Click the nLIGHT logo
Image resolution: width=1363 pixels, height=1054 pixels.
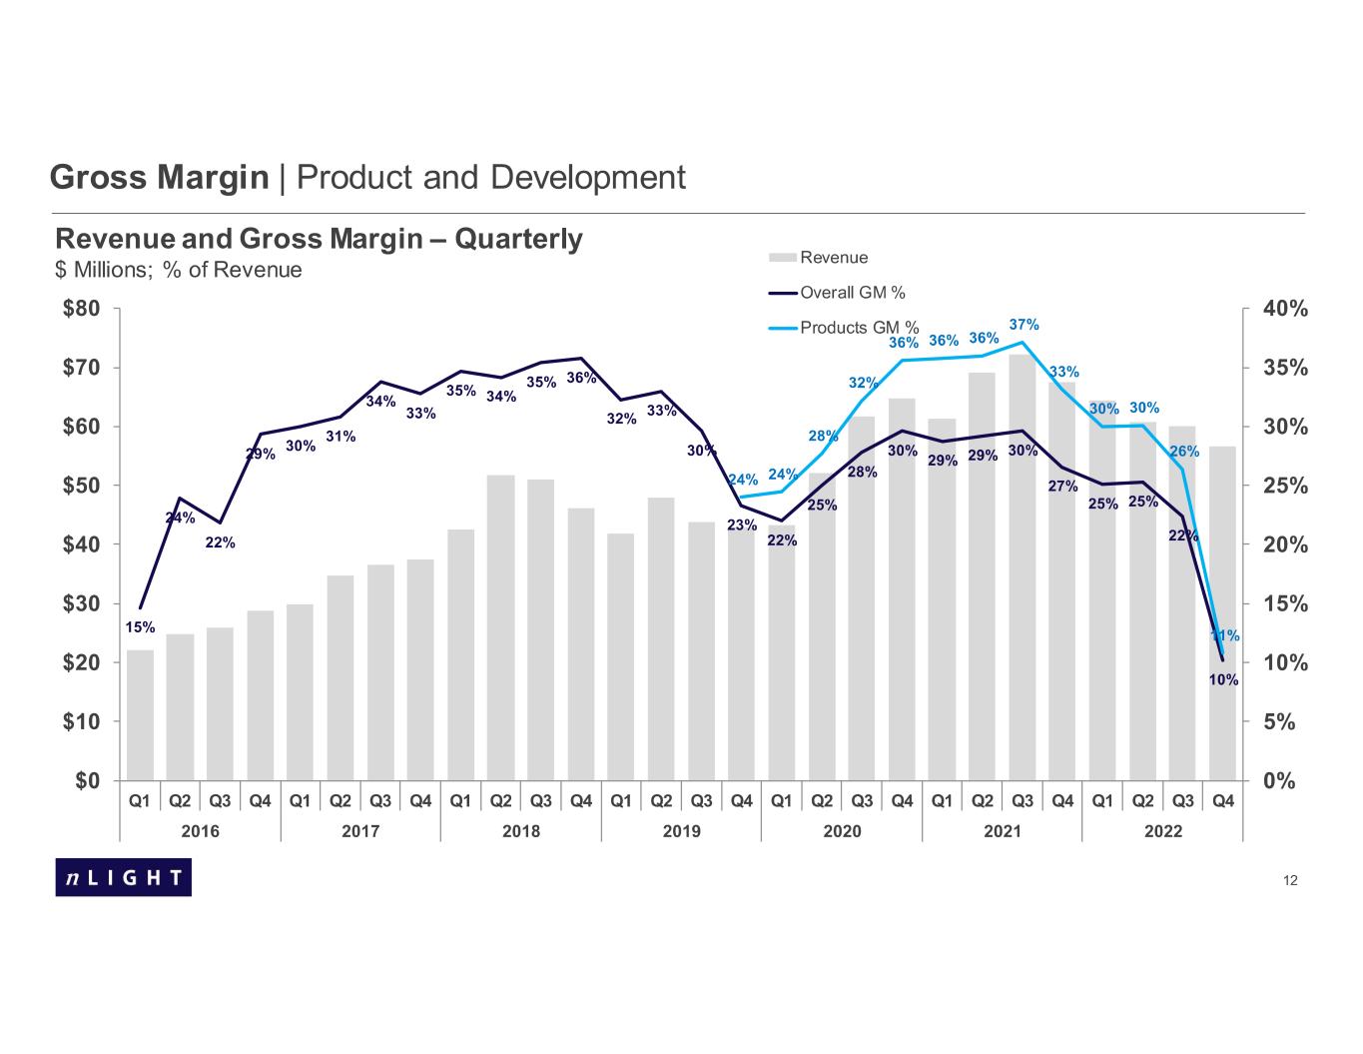123,877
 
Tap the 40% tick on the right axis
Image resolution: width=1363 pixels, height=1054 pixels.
1285,309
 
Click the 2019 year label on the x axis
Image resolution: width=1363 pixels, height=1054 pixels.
681,831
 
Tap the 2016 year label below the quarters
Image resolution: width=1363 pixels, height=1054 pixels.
200,831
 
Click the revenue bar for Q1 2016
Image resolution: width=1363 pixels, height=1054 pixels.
140,715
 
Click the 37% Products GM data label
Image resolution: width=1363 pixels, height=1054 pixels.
1024,325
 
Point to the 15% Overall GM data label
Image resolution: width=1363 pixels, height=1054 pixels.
140,627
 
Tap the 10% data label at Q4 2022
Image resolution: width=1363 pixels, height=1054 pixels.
1223,680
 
